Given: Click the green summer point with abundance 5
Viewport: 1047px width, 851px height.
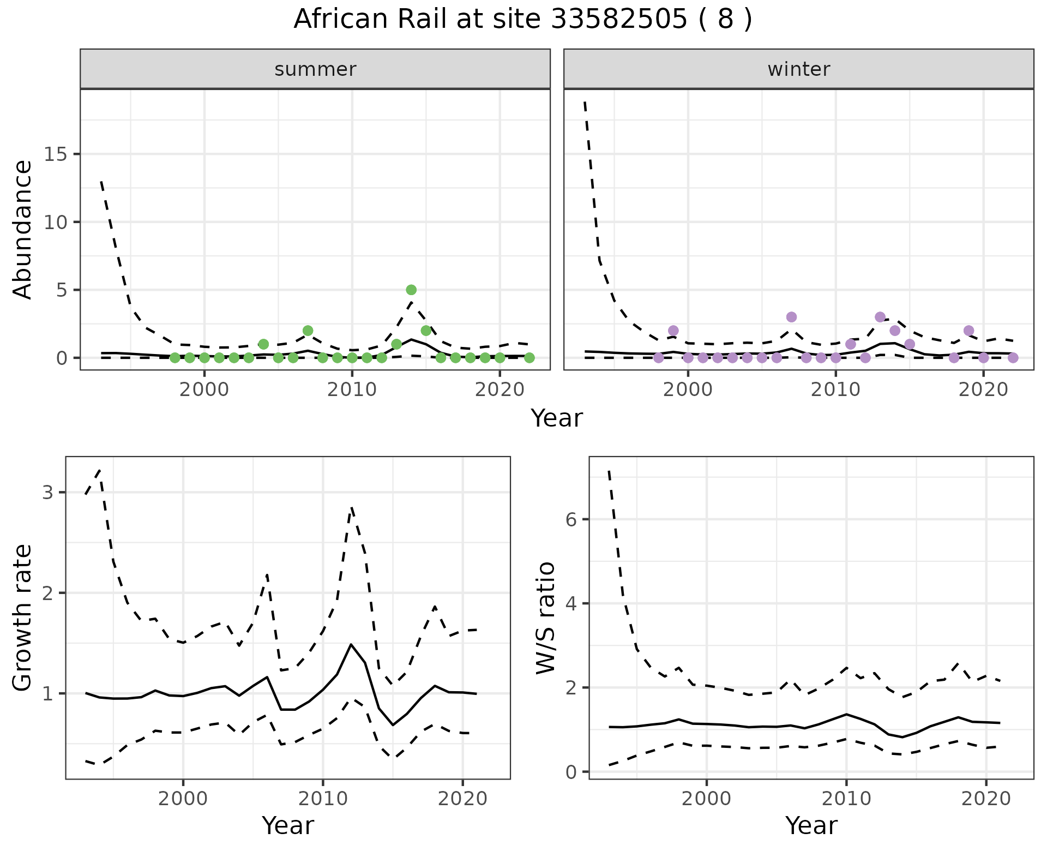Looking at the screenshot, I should point(411,290).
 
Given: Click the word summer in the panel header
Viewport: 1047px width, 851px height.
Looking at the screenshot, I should point(315,69).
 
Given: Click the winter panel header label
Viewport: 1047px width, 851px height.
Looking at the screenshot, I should point(798,69).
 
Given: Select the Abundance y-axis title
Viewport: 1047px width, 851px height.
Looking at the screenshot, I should point(23,229).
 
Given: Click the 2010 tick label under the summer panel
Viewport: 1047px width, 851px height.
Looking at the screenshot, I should point(352,389).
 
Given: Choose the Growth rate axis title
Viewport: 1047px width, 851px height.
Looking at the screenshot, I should point(23,618).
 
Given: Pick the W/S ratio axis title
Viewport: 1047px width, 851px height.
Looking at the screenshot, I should point(546,618).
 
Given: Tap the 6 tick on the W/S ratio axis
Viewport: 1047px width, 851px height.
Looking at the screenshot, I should point(571,519).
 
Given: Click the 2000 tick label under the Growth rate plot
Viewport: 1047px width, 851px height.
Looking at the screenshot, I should point(183,799).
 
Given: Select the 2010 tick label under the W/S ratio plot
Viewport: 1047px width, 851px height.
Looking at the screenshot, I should point(846,799).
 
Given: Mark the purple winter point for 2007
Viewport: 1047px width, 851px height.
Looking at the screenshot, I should point(791,317).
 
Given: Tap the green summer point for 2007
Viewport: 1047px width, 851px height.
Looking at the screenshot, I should point(308,331).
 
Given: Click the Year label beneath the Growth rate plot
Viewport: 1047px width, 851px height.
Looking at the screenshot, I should point(288,825).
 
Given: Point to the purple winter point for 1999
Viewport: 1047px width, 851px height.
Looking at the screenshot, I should point(673,331).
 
